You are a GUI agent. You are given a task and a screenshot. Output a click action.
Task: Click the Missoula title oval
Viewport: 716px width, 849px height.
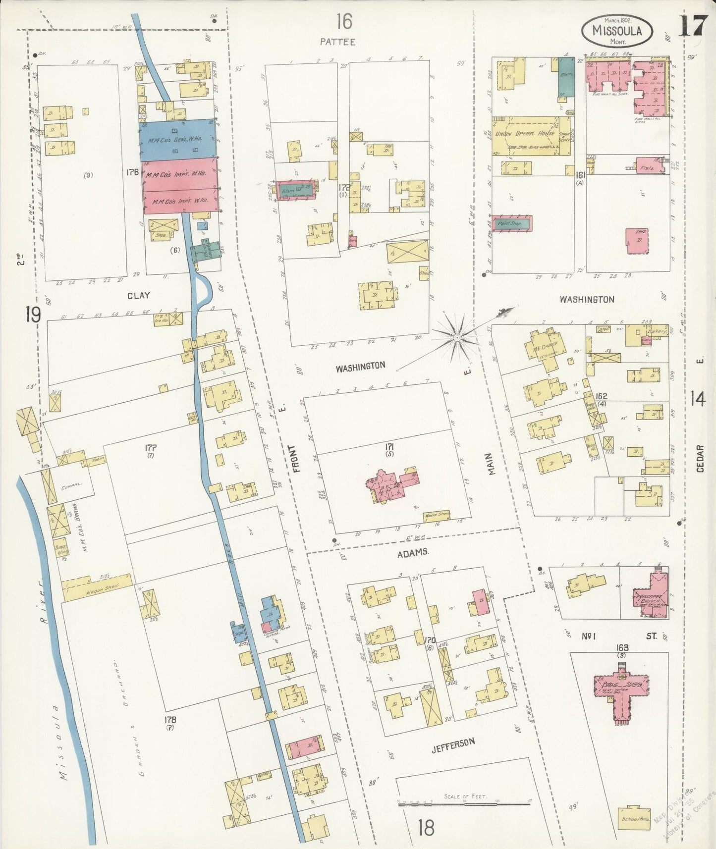tap(616, 31)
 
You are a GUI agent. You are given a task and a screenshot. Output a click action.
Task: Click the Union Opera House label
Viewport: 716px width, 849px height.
tap(524, 134)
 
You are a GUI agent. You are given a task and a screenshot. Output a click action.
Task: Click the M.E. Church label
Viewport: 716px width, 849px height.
tap(544, 345)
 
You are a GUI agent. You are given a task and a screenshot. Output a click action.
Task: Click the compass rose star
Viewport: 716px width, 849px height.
tap(456, 337)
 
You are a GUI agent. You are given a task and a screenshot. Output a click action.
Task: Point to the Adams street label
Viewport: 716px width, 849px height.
tap(412, 552)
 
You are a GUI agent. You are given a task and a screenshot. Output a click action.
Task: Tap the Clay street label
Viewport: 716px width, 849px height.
tap(138, 295)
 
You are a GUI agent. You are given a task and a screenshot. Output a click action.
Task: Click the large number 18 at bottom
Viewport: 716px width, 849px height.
tap(426, 827)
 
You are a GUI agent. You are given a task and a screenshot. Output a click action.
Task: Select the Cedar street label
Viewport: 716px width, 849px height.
tap(700, 458)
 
